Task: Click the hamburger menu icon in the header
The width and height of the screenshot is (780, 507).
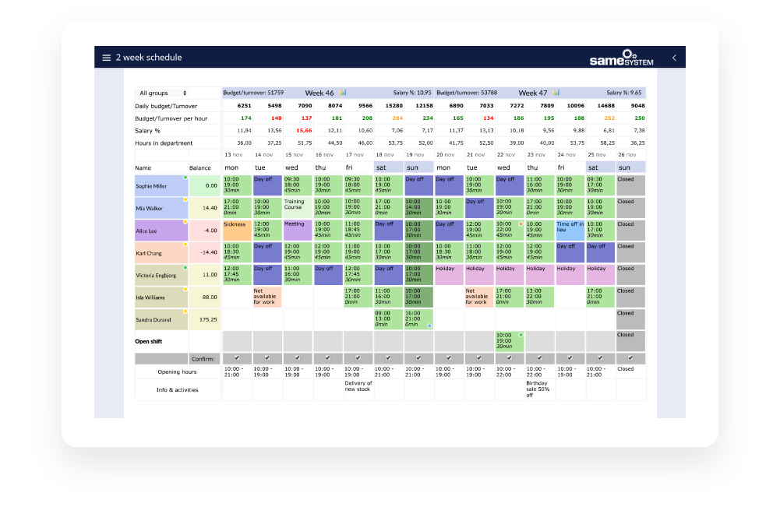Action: (x=107, y=58)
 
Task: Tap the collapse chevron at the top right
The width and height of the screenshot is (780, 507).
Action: (x=674, y=58)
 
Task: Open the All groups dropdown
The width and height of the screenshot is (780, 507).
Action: (x=164, y=93)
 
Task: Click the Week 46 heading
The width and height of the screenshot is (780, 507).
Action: (x=319, y=93)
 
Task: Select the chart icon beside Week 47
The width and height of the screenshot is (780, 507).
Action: (x=556, y=93)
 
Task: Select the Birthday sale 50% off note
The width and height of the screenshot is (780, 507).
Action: (x=539, y=389)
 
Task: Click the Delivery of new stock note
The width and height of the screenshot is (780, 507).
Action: (x=358, y=386)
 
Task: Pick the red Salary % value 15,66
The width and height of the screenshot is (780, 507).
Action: (x=303, y=131)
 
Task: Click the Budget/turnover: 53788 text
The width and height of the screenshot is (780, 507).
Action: (x=465, y=93)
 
